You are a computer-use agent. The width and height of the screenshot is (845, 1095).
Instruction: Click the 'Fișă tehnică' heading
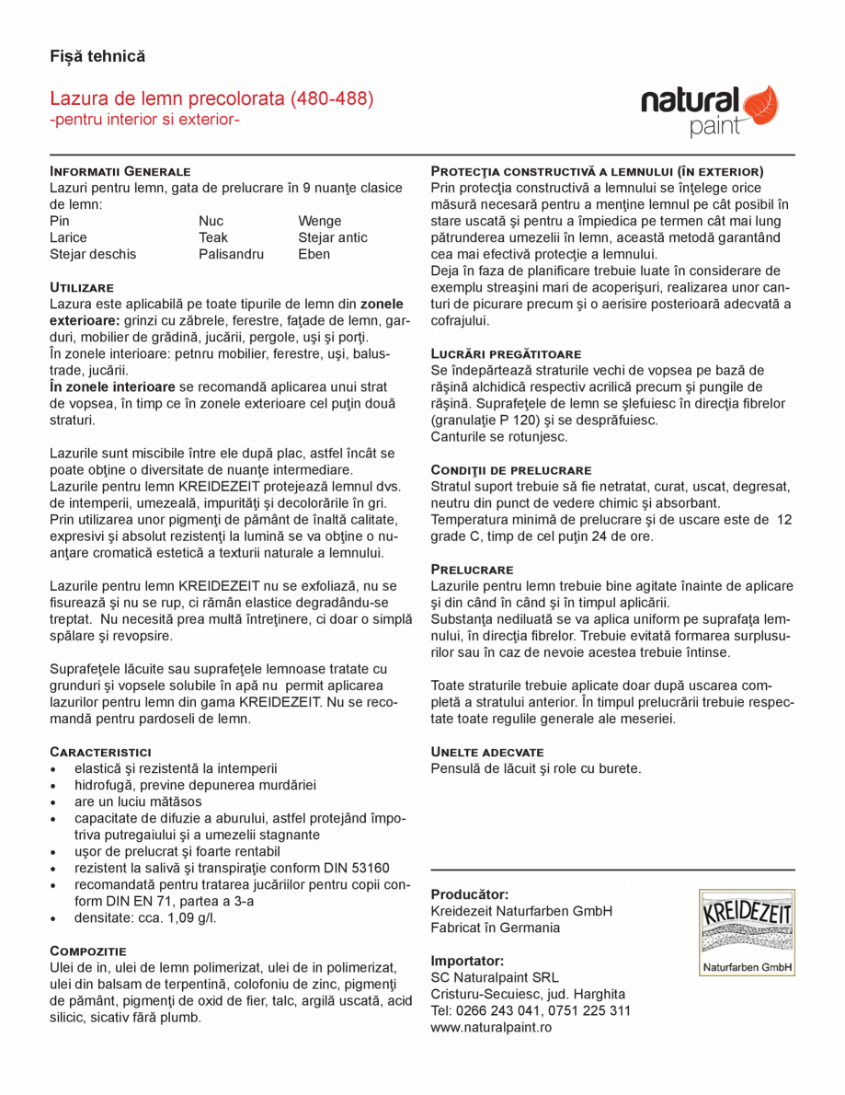click(97, 57)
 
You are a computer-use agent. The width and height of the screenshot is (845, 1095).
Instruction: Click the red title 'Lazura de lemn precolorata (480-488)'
click(211, 98)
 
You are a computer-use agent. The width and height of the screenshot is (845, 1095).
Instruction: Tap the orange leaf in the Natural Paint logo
click(760, 104)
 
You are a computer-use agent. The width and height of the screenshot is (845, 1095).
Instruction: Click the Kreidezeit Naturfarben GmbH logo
click(746, 932)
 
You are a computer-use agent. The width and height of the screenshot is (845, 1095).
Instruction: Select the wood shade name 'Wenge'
click(319, 221)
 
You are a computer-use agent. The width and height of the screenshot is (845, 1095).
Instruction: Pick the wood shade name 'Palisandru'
click(231, 254)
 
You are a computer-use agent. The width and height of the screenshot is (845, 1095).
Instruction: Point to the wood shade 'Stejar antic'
click(332, 237)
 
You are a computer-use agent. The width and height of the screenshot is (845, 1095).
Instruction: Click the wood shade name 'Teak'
click(213, 237)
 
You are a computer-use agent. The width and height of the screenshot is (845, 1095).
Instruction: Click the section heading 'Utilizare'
click(82, 288)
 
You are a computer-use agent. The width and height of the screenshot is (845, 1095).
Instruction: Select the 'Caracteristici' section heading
click(100, 752)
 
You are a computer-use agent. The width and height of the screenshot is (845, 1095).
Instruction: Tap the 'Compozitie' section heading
click(88, 950)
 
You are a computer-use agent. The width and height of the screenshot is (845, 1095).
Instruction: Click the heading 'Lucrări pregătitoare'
click(506, 353)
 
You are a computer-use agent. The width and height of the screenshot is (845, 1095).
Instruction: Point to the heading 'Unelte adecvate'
click(487, 752)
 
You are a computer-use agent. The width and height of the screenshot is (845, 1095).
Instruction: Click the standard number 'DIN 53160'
click(357, 868)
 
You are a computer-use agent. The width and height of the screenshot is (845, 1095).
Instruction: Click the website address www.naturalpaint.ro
click(491, 1027)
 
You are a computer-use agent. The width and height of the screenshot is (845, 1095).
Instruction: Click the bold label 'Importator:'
click(467, 961)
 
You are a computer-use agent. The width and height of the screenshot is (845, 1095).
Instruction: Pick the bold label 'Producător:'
click(470, 894)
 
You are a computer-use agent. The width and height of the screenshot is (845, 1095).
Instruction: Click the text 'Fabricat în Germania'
click(495, 928)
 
